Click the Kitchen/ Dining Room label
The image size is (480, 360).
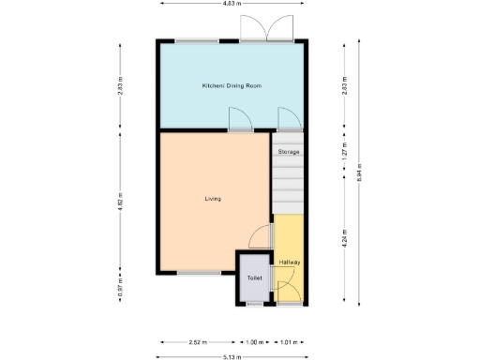232,85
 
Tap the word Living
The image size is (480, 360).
213,199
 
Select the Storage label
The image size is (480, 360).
288,151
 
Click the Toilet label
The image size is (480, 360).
254,278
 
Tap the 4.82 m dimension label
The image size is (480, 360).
120,200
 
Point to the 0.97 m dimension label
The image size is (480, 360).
120,291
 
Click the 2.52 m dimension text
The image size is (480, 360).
196,341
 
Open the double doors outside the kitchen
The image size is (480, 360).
267,30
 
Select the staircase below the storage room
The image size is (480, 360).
288,187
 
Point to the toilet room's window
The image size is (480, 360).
253,305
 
